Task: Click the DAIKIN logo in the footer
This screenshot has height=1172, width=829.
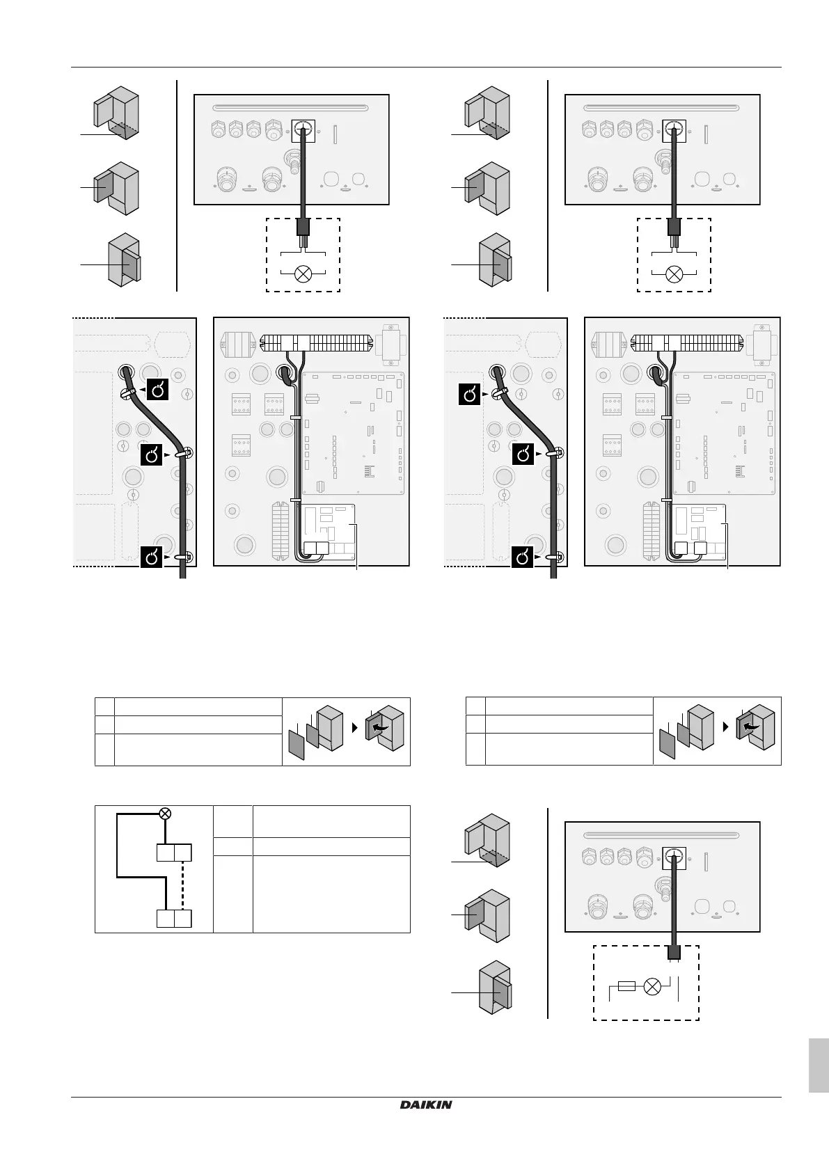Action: pyautogui.click(x=426, y=1104)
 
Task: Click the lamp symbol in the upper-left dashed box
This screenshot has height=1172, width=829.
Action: pyautogui.click(x=303, y=273)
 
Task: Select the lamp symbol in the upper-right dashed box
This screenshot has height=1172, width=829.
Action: pyautogui.click(x=674, y=273)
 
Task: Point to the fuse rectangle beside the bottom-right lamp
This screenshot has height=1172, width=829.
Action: pyautogui.click(x=626, y=985)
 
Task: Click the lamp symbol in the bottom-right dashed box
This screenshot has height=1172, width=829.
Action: pyautogui.click(x=653, y=985)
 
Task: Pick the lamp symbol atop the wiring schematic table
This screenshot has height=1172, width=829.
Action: pyautogui.click(x=165, y=813)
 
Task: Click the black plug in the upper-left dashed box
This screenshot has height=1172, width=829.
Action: pyautogui.click(x=303, y=227)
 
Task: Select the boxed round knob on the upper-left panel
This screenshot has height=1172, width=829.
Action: pyautogui.click(x=303, y=128)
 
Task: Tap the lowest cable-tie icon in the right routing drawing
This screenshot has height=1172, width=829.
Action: pyautogui.click(x=524, y=557)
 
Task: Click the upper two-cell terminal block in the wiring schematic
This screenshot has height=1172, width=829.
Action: pyautogui.click(x=173, y=853)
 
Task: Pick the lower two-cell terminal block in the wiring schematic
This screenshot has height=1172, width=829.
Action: pyautogui.click(x=173, y=919)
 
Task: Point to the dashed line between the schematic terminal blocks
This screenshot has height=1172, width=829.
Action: pyautogui.click(x=182, y=885)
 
